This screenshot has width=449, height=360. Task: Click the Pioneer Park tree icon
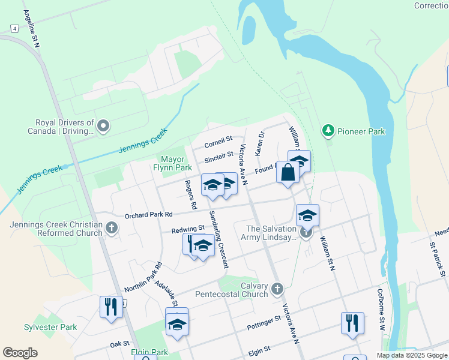click(328, 130)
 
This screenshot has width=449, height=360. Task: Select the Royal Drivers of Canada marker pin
click(103, 126)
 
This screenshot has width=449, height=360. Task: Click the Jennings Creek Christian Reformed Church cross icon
click(112, 228)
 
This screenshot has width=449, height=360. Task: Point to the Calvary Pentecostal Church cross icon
click(277, 289)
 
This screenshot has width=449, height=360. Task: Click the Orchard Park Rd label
click(148, 215)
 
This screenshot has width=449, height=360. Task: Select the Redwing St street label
click(188, 229)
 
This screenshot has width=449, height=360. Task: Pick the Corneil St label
click(218, 142)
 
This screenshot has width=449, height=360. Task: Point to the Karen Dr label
click(259, 144)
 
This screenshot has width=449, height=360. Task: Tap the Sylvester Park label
click(50, 327)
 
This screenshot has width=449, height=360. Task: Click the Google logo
click(20, 353)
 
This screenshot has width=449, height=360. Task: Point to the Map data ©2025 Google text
click(411, 355)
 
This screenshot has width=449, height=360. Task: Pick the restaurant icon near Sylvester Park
click(110, 307)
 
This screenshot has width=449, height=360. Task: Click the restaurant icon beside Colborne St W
click(352, 322)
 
